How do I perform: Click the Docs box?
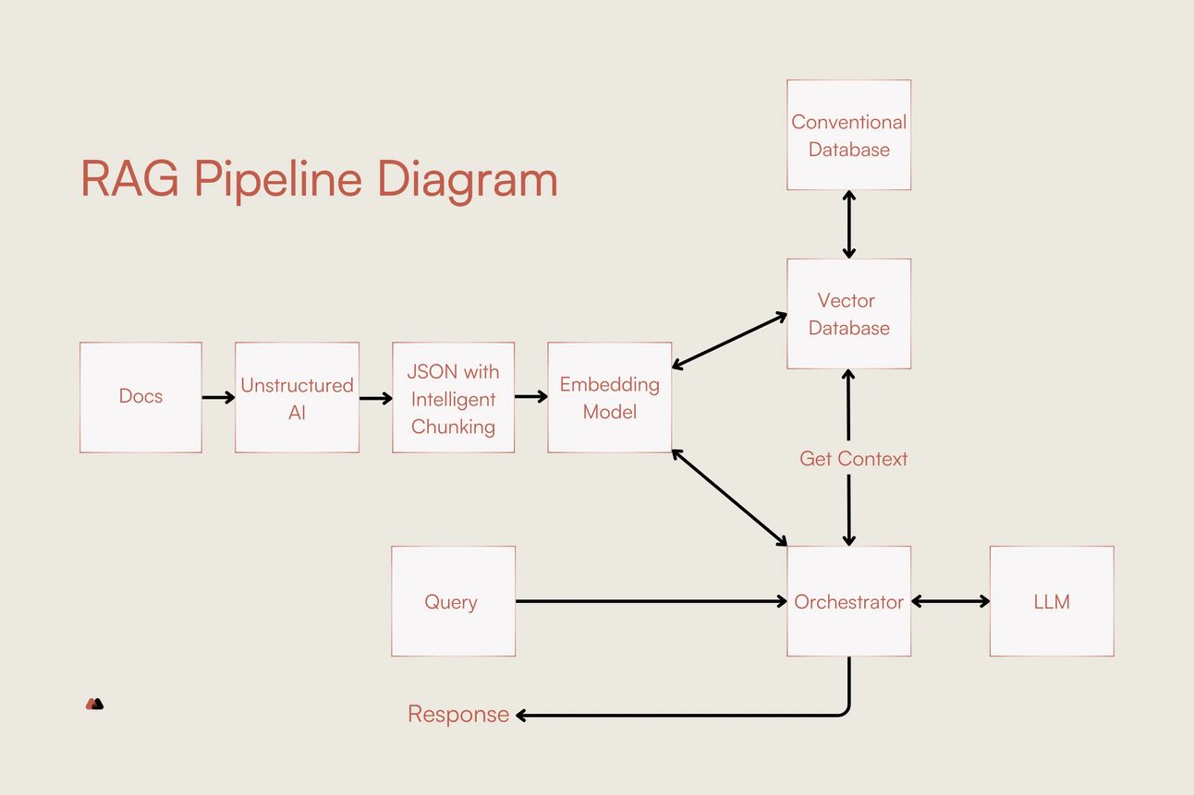click(x=140, y=397)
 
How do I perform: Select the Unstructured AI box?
click(x=297, y=397)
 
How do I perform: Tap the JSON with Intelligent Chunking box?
click(x=454, y=397)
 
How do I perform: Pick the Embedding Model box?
click(x=610, y=397)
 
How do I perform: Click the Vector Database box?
click(x=849, y=314)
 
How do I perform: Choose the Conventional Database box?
click(x=849, y=135)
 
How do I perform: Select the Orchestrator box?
click(x=849, y=601)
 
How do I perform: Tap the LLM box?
click(x=1052, y=601)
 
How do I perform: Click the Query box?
click(x=454, y=601)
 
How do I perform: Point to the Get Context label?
click(x=853, y=459)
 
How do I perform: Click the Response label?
click(x=458, y=714)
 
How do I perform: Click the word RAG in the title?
click(x=129, y=179)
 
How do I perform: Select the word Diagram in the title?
click(x=468, y=181)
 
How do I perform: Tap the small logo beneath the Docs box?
click(x=95, y=704)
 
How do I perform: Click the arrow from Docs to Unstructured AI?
click(x=218, y=397)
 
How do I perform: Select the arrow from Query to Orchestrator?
click(x=652, y=601)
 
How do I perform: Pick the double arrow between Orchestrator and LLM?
click(x=950, y=601)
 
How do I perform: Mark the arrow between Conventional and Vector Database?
click(x=849, y=224)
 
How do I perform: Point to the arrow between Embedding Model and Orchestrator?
click(x=729, y=498)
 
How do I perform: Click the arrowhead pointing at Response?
click(x=521, y=716)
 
